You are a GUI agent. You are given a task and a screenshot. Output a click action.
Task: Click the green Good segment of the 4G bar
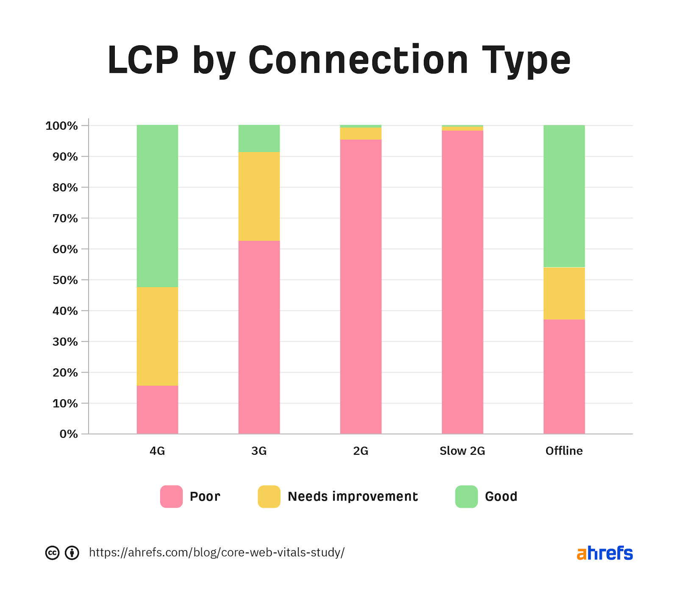coord(157,206)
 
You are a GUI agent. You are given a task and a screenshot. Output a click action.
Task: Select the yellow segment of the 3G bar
coord(259,196)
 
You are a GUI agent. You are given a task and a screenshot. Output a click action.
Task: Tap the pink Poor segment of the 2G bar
coord(361,287)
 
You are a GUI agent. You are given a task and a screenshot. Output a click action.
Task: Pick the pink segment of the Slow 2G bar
coord(462,282)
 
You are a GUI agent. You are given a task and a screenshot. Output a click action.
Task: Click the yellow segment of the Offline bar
coord(564,293)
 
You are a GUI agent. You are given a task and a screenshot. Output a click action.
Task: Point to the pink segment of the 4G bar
coord(157,409)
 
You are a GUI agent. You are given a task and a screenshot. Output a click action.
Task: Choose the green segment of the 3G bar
coord(259,138)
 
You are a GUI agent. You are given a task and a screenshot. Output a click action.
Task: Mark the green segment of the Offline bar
coord(564,196)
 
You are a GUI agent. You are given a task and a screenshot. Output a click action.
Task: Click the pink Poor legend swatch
coord(171,496)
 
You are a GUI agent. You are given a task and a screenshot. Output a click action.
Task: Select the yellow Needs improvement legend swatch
coord(269,496)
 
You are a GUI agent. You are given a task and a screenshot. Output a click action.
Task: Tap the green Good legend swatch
coord(466,496)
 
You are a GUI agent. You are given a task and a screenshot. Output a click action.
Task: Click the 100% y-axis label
coord(62,126)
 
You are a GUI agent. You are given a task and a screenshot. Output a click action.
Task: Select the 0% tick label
coord(69,434)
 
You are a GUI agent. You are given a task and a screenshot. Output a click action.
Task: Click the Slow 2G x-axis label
coord(462,451)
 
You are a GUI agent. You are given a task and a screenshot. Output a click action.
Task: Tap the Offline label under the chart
coord(564,451)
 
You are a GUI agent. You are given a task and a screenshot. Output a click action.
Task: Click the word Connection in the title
coord(358,60)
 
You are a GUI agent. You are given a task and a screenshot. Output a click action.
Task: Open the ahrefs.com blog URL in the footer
coord(217,553)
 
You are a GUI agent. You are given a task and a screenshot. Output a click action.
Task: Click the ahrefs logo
coord(605,553)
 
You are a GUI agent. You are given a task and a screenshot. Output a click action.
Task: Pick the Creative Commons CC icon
coord(53,553)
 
